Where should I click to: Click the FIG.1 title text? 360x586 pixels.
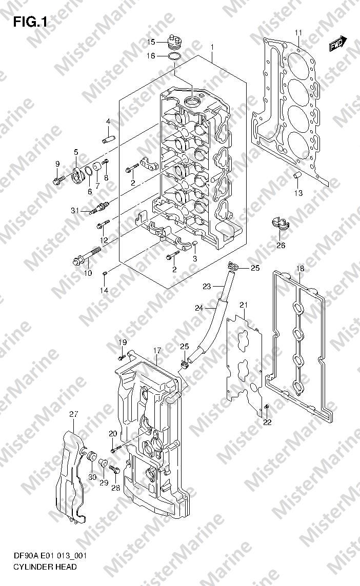click(x=30, y=22)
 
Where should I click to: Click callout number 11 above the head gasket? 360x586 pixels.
click(x=298, y=32)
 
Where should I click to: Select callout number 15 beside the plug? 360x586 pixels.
click(x=151, y=42)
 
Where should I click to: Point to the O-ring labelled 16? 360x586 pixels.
click(x=175, y=56)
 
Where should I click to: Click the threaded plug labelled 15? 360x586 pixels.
click(x=174, y=43)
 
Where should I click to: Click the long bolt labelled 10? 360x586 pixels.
click(x=87, y=256)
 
